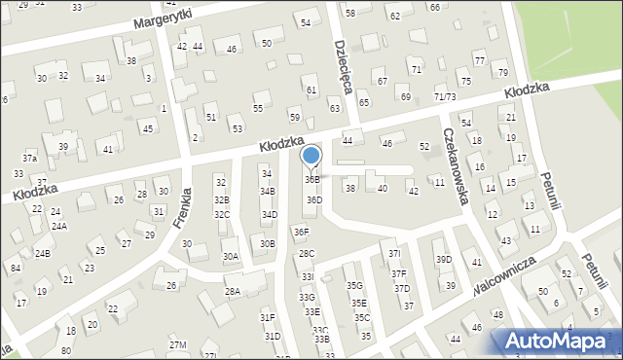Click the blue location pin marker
311,158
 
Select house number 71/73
445,96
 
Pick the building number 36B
311,180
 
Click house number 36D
313,199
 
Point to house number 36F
302,232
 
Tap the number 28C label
307,253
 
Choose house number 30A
231,256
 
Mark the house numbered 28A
233,291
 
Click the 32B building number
222,199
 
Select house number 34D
269,214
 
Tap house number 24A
59,225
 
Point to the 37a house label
30,158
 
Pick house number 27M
177,345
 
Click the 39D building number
443,259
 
